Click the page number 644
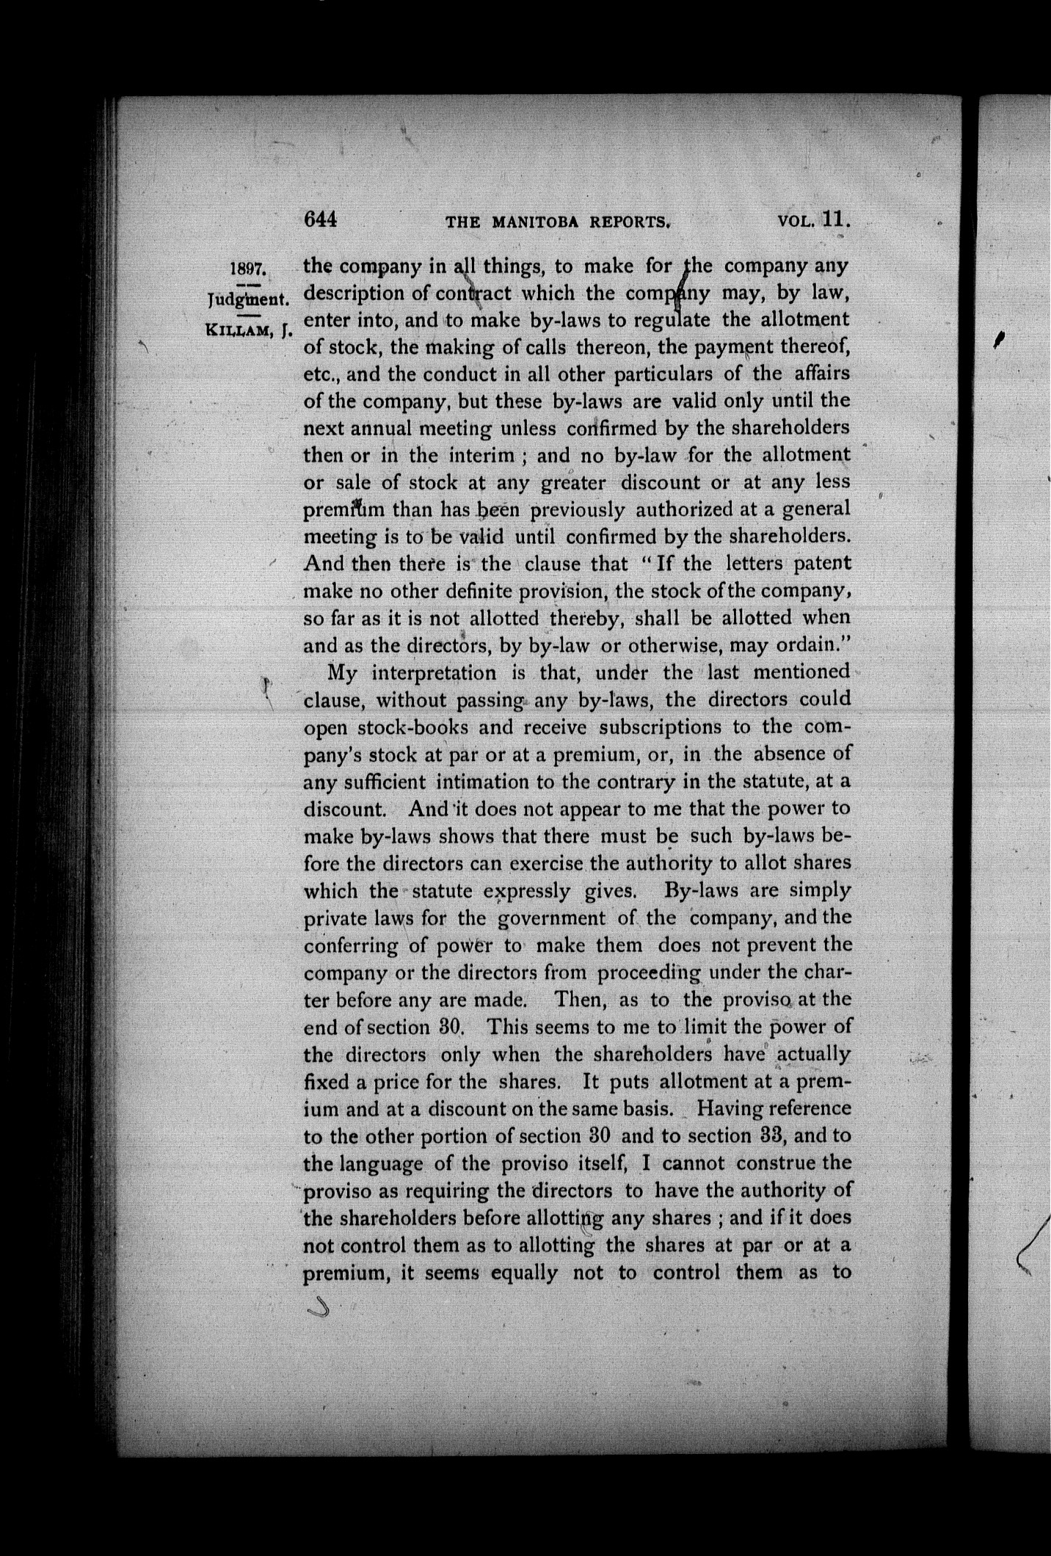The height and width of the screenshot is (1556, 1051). (320, 219)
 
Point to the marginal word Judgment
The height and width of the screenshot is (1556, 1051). (250, 299)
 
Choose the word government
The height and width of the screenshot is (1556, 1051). (551, 918)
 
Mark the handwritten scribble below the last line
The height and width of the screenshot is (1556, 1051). (318, 1306)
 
